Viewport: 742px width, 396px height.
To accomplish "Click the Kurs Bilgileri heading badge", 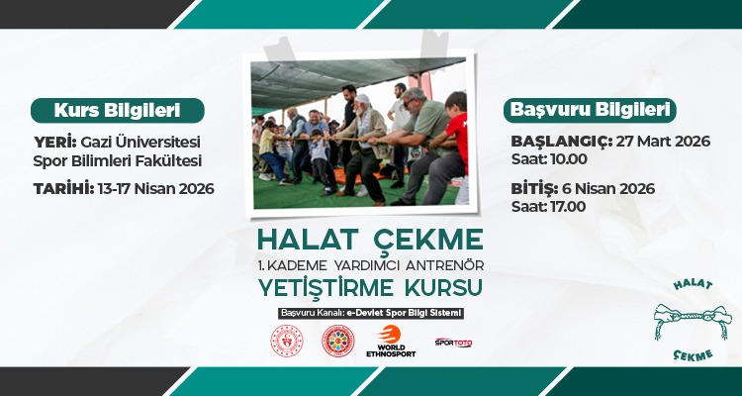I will (x=117, y=109).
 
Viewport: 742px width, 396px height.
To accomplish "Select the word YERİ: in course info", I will (x=54, y=142).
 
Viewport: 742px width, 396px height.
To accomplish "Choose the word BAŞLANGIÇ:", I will (x=561, y=141).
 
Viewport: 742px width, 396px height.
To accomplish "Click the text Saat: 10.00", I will (x=549, y=158).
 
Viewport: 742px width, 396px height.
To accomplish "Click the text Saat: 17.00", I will (x=549, y=206).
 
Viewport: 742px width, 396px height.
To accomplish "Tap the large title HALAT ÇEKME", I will (x=370, y=240).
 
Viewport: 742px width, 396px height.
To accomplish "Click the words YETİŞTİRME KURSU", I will (x=370, y=287).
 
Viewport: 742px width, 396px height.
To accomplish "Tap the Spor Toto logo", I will (x=453, y=342).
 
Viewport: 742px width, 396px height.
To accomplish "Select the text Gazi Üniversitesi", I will (x=140, y=142).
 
